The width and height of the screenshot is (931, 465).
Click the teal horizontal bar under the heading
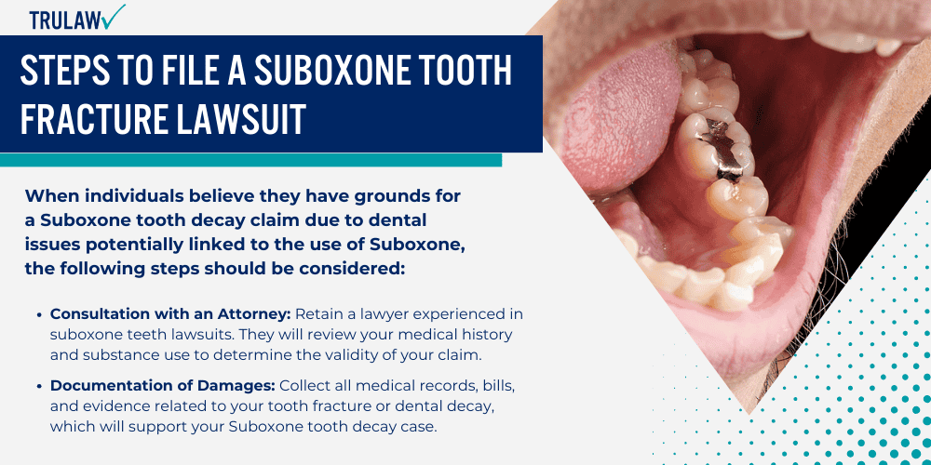coord(251,160)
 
